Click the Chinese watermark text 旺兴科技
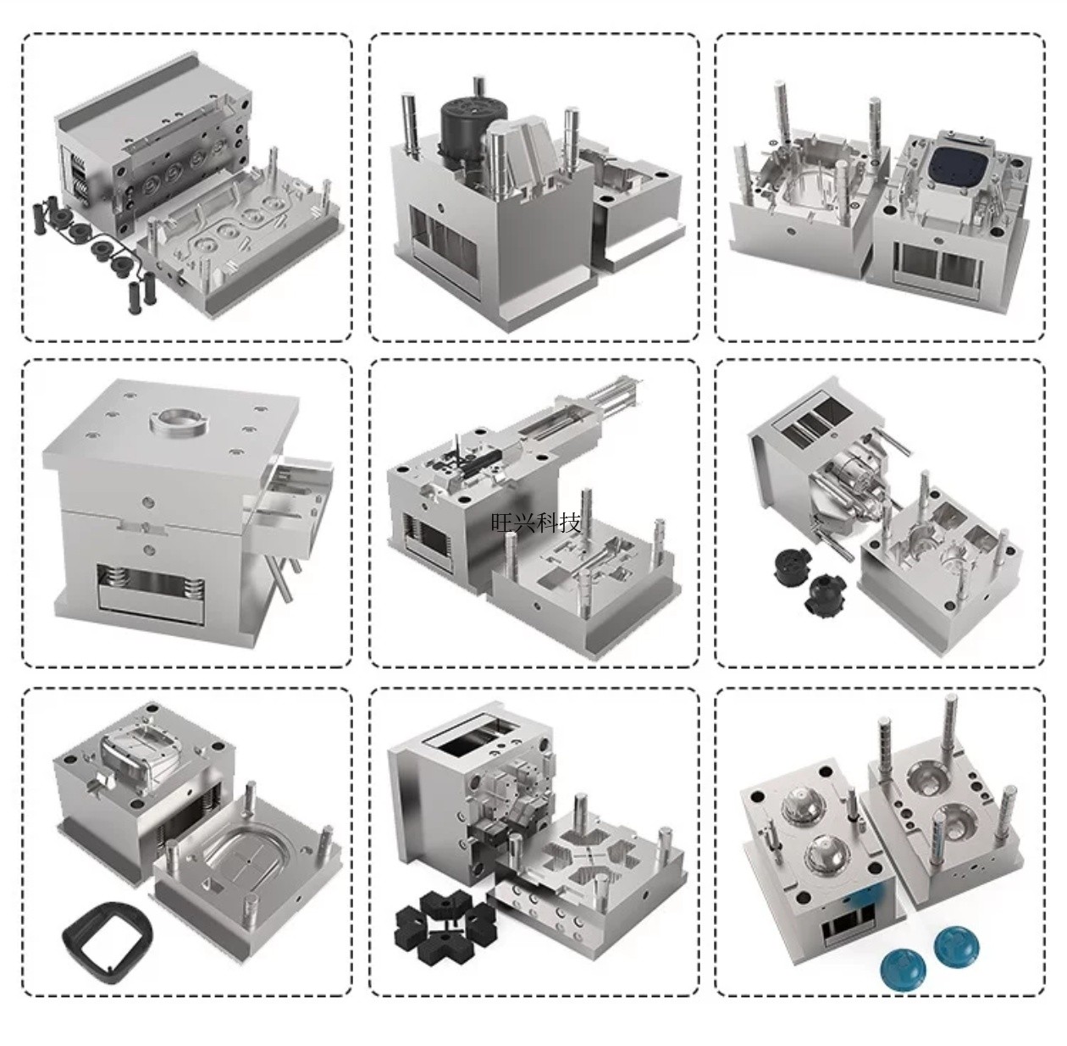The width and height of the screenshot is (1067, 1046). pos(536,523)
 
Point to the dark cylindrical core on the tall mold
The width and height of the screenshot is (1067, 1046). pos(472,131)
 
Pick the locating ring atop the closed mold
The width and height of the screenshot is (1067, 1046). pos(179,425)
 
